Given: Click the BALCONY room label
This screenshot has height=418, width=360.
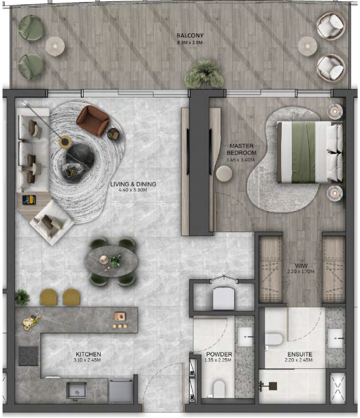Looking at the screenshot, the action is tap(190, 35).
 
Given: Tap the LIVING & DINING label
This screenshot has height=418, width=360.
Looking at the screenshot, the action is tap(133, 184).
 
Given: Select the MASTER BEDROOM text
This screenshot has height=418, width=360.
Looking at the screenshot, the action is tap(242, 149).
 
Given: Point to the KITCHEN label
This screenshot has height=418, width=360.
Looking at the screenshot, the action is tap(88, 354).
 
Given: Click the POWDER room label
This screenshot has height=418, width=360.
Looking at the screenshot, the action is tap(219, 354).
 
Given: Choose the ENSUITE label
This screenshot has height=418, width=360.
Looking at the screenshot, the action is tap(300, 354).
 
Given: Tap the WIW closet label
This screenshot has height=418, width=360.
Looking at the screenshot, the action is tap(301, 266).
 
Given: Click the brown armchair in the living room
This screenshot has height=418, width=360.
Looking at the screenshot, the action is tap(93, 120).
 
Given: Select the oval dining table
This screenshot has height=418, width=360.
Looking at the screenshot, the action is tap(111, 261).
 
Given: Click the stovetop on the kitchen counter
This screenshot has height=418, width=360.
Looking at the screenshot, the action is tap(28, 356).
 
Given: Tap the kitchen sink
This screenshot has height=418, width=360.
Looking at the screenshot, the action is tap(76, 390).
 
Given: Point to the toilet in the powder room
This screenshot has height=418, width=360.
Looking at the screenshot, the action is tap(219, 389).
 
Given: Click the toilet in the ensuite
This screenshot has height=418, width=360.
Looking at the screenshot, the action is tap(274, 339).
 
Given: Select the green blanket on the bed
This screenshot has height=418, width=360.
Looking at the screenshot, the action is tap(304, 152).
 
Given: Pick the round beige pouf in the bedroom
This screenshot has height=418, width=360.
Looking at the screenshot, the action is tap(224, 174).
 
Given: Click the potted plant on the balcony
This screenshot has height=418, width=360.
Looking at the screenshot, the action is tap(204, 74).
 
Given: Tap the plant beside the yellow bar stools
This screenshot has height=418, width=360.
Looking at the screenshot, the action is tap(22, 298).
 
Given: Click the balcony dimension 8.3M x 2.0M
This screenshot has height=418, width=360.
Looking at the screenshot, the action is tap(190, 42).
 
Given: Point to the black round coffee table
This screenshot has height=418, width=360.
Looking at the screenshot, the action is tap(80, 157).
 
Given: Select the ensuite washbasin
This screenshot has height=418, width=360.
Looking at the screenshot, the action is tap(336, 338).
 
